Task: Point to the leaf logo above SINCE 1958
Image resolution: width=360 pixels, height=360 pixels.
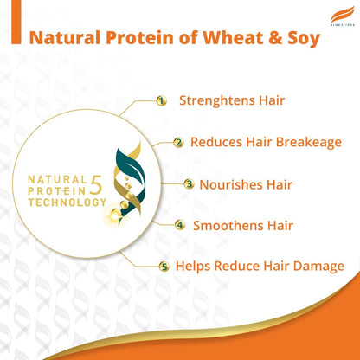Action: pos(337,13)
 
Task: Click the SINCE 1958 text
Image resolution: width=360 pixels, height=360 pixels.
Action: pos(337,23)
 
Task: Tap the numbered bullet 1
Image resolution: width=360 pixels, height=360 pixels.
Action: pos(161,101)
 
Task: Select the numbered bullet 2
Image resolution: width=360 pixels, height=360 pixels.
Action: pos(178,143)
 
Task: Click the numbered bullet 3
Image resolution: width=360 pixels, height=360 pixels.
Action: pos(189,184)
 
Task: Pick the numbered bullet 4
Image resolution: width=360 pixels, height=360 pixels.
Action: pos(180,226)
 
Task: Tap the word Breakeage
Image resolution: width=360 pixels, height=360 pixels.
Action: pos(297,142)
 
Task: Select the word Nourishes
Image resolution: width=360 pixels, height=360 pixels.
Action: pos(233,183)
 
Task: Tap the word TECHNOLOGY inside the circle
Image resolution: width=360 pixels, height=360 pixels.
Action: pos(67,202)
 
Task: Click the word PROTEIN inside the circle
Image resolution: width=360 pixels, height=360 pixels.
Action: pos(57,190)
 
